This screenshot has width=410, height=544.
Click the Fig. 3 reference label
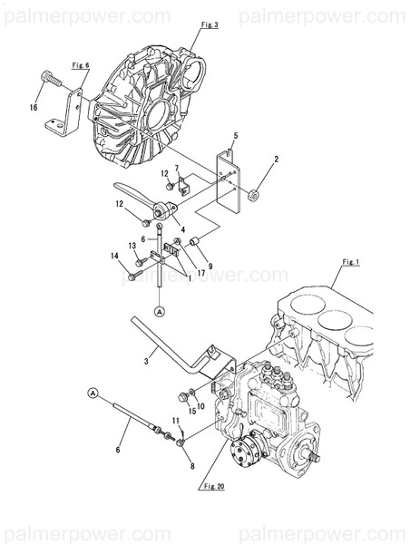tap(210, 24)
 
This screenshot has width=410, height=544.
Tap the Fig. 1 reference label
tap(351, 262)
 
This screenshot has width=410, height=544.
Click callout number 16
tap(34, 106)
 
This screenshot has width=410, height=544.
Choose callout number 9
tap(210, 266)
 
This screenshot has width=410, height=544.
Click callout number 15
tap(192, 412)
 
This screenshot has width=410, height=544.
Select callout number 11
tap(176, 421)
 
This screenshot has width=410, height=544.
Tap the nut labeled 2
tap(255, 193)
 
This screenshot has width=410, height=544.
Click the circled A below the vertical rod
tap(160, 311)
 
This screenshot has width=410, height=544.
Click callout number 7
tap(178, 168)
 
